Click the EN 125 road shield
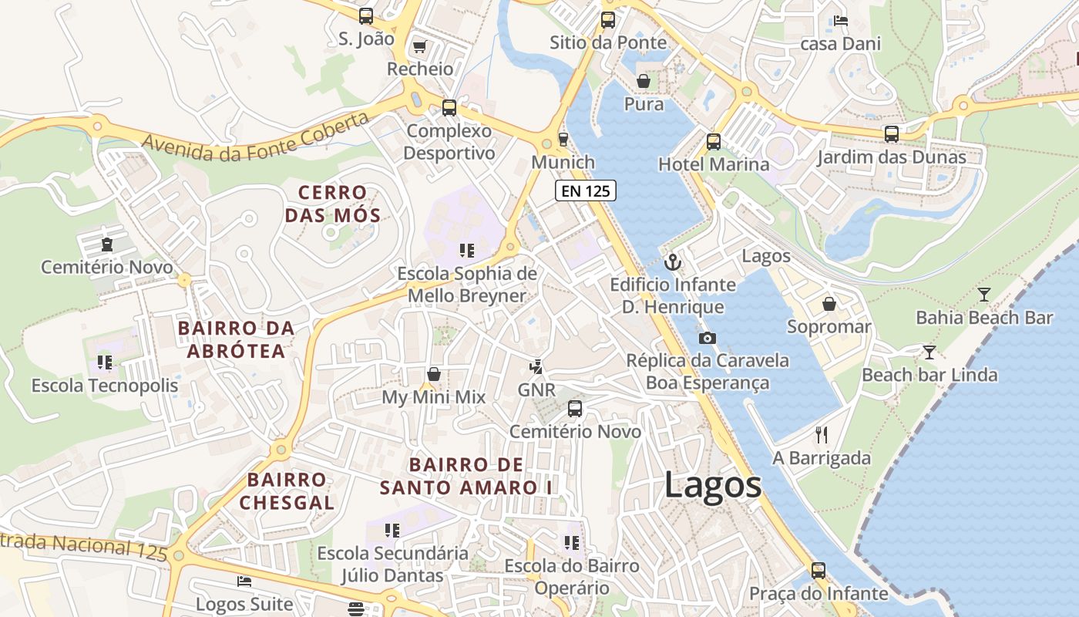[586, 190]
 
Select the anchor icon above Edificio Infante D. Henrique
[674, 262]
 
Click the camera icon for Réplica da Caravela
[707, 338]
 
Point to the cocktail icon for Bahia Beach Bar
[983, 295]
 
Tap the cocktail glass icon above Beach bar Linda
[929, 352]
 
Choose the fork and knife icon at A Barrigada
[822, 435]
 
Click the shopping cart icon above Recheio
[419, 47]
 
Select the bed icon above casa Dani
[840, 21]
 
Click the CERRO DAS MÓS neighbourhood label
[333, 204]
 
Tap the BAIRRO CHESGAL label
[287, 491]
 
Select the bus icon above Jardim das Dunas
[892, 134]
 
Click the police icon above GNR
[536, 367]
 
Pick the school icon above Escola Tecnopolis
[105, 362]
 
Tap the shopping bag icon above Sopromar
[829, 304]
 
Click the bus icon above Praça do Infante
[818, 571]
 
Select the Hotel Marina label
[714, 164]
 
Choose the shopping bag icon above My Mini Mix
[434, 374]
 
